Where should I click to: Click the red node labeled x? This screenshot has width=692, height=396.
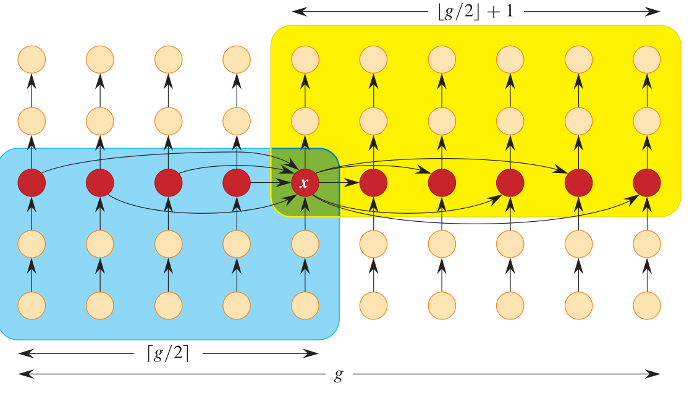coord(305,183)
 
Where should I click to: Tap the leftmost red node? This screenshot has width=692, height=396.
coord(32,183)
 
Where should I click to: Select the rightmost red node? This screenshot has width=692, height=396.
coord(647,183)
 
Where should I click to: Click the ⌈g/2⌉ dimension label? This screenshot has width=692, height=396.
coord(168,353)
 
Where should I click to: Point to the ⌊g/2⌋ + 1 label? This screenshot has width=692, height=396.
coord(476,11)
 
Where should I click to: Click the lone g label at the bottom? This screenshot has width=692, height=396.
coord(339,375)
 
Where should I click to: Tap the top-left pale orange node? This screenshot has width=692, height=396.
coord(32,59)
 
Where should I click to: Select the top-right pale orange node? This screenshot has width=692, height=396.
coord(647,59)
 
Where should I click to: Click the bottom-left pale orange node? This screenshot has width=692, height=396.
coord(32,306)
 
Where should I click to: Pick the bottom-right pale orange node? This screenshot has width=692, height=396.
coord(647,306)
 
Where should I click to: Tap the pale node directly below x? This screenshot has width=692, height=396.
coord(305,244)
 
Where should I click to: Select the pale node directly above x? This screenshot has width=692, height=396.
coord(305,121)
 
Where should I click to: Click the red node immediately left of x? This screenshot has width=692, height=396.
coord(237,183)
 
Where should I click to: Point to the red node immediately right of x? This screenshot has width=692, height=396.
coord(373,183)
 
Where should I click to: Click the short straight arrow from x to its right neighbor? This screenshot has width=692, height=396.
coord(339,182)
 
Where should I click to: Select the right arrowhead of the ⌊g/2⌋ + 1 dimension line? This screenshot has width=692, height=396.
coord(652,12)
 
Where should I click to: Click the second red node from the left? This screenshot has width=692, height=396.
coord(100,183)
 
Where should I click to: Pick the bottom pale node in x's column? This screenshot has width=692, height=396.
coord(305,306)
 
